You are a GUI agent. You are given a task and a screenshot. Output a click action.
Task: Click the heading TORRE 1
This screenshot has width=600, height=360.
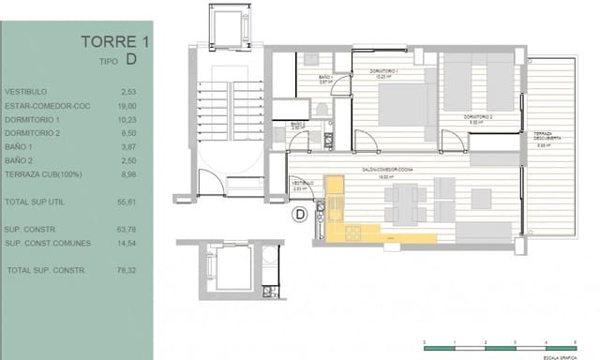pyautogui.click(x=114, y=41)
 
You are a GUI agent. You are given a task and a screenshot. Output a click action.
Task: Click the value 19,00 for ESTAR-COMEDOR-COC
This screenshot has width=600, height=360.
pyautogui.click(x=128, y=106)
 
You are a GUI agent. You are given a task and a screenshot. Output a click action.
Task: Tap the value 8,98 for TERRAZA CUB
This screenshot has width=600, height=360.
pyautogui.click(x=128, y=173)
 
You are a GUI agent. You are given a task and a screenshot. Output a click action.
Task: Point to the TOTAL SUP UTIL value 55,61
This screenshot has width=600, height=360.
pyautogui.click(x=128, y=202)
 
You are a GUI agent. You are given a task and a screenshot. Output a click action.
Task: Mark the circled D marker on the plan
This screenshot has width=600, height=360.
pyautogui.click(x=300, y=215)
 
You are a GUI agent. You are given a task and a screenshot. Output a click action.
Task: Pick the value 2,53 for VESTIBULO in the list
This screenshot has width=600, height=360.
pyautogui.click(x=129, y=92)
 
